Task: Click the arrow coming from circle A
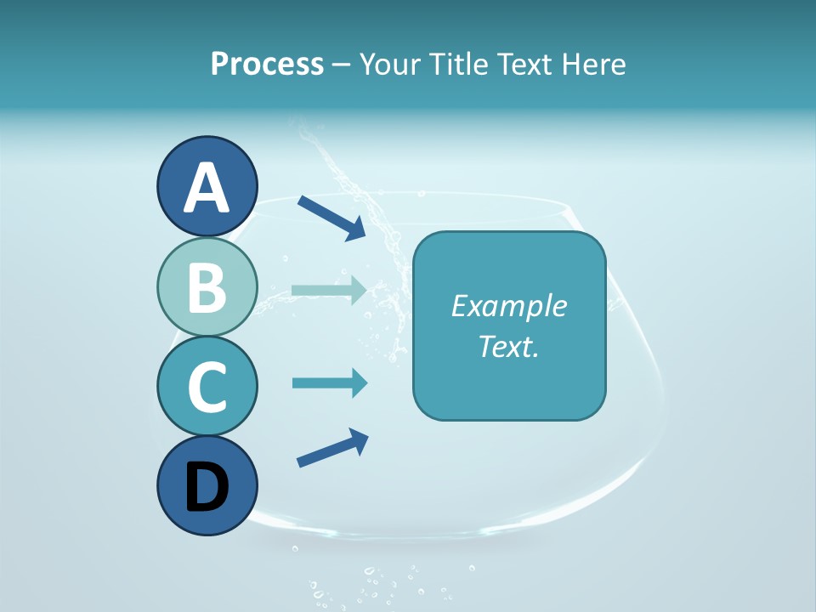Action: point(331,216)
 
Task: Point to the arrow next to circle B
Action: point(329,290)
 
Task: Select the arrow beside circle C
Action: point(329,383)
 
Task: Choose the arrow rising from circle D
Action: point(332,448)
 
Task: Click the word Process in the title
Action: point(267,64)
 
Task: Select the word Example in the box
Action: point(509,306)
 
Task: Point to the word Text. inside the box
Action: point(509,346)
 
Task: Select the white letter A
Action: point(207,188)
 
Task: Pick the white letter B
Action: point(207,287)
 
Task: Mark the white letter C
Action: point(207,387)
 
